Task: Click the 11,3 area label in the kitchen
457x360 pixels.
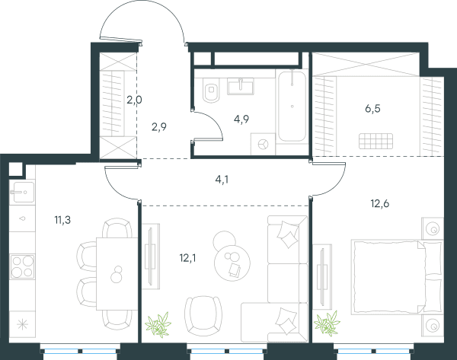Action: [62, 220]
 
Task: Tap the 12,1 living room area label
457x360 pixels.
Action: [187, 258]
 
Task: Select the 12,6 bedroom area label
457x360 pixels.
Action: [380, 203]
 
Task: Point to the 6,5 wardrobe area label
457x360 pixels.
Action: [372, 109]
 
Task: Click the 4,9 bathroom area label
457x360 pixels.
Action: [241, 119]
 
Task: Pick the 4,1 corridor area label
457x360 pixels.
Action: [222, 180]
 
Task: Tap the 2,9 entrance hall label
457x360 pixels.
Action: [159, 126]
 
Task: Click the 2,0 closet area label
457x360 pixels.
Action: [134, 100]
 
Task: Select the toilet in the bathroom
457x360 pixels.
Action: [212, 91]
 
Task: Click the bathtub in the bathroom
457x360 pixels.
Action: [292, 107]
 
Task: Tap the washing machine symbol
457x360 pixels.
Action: [263, 144]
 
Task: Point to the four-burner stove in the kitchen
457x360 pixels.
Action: [22, 266]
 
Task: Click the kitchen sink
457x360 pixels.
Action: [22, 192]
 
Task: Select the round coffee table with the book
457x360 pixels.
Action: [232, 263]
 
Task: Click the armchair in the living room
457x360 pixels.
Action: [203, 316]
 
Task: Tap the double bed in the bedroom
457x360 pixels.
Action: [397, 277]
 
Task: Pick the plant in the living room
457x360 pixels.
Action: [158, 324]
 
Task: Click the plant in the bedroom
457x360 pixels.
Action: [327, 323]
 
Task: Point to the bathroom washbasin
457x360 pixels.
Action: [241, 86]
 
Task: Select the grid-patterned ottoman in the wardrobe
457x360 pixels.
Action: [376, 141]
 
